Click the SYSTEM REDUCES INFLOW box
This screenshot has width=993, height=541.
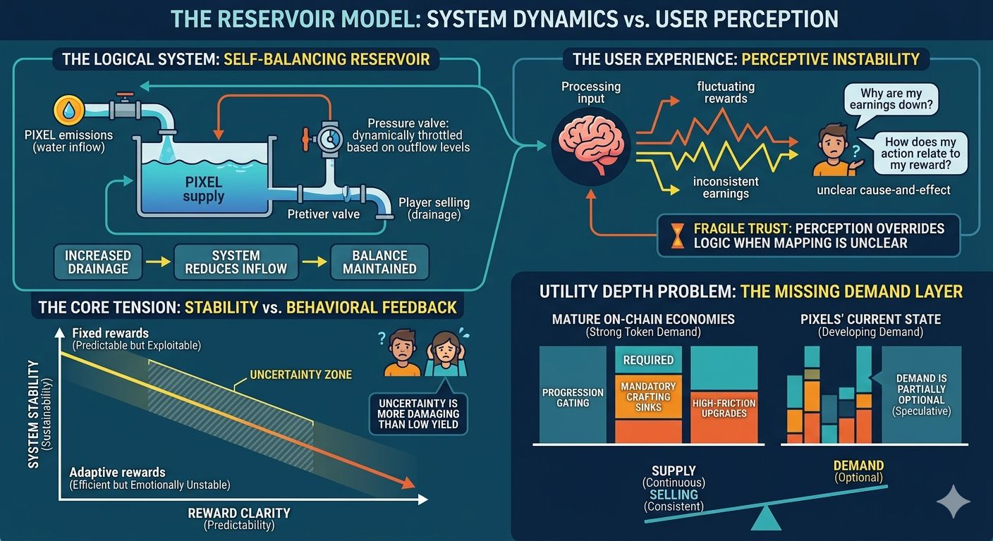coord(236,262)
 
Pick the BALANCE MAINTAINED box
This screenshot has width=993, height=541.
coord(379,262)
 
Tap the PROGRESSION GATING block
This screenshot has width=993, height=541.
coord(572,397)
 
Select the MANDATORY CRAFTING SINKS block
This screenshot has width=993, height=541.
coord(648,397)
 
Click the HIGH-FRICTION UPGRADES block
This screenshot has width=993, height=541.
coord(724,408)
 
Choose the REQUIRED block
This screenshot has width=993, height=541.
coord(648,360)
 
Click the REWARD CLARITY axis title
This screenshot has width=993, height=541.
coord(239,514)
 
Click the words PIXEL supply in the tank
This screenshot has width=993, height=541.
coord(203,189)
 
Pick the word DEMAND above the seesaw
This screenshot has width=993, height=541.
coord(858,466)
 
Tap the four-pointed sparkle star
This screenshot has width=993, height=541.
coord(953,502)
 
